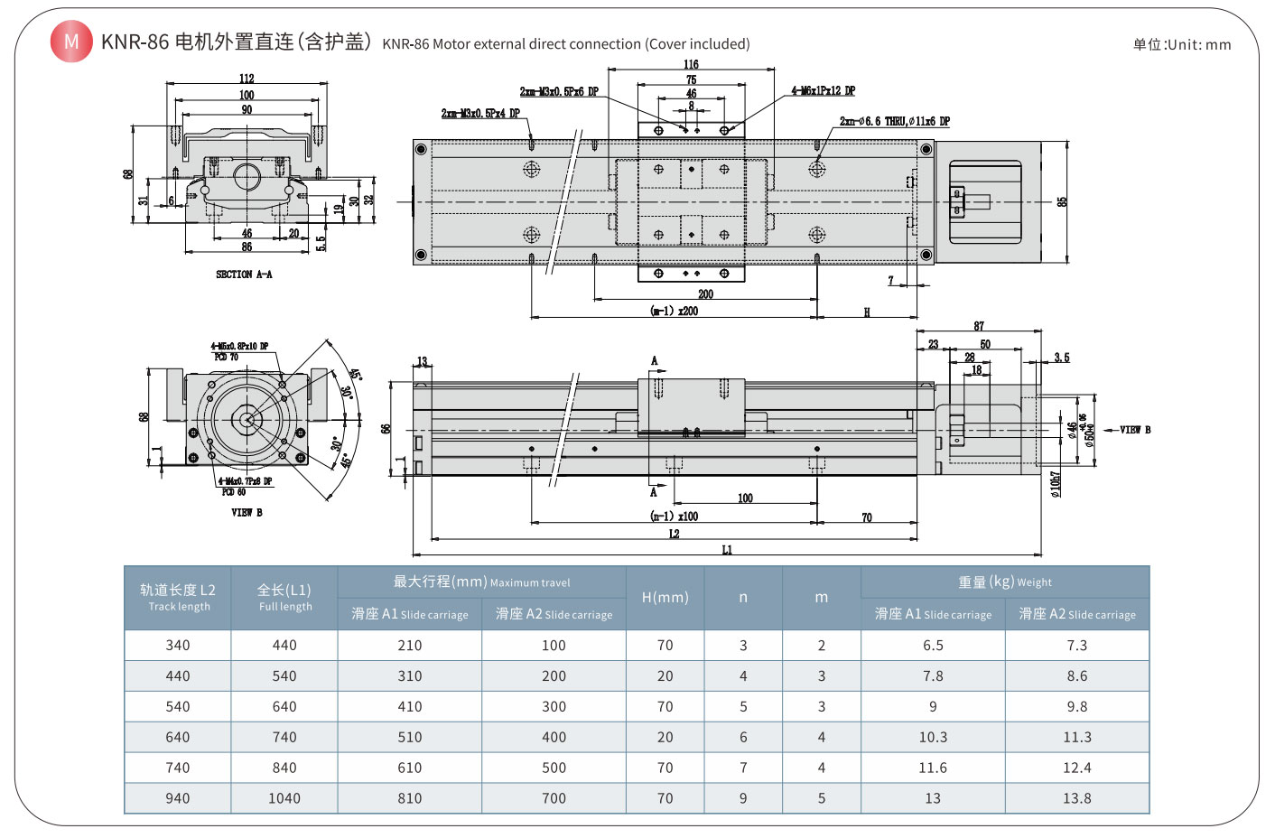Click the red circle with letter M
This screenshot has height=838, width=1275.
(71, 42)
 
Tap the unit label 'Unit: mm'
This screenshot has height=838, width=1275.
(1182, 44)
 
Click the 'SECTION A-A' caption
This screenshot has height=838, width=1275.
(244, 275)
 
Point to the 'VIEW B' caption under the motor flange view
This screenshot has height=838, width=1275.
(247, 513)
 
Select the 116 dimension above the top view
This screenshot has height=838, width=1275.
(691, 64)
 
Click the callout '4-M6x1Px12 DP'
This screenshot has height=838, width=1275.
(823, 90)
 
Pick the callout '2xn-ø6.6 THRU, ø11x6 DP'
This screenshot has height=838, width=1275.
(894, 121)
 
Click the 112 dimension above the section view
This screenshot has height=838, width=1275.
(247, 79)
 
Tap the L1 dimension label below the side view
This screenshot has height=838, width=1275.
(727, 550)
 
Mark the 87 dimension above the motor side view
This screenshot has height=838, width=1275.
(979, 326)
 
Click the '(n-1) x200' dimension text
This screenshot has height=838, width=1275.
(674, 311)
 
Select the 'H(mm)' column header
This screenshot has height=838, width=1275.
(665, 598)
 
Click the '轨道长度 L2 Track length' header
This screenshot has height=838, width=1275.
(178, 597)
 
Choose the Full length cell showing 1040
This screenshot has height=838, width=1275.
(284, 798)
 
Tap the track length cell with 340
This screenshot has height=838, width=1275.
(178, 645)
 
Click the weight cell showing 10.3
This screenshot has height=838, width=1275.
(933, 737)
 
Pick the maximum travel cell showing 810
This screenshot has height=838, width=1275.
(410, 798)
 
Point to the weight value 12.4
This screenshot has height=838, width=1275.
(1076, 768)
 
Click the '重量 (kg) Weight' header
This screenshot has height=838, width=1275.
(1004, 582)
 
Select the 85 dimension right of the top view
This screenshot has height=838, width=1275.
(1063, 201)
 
